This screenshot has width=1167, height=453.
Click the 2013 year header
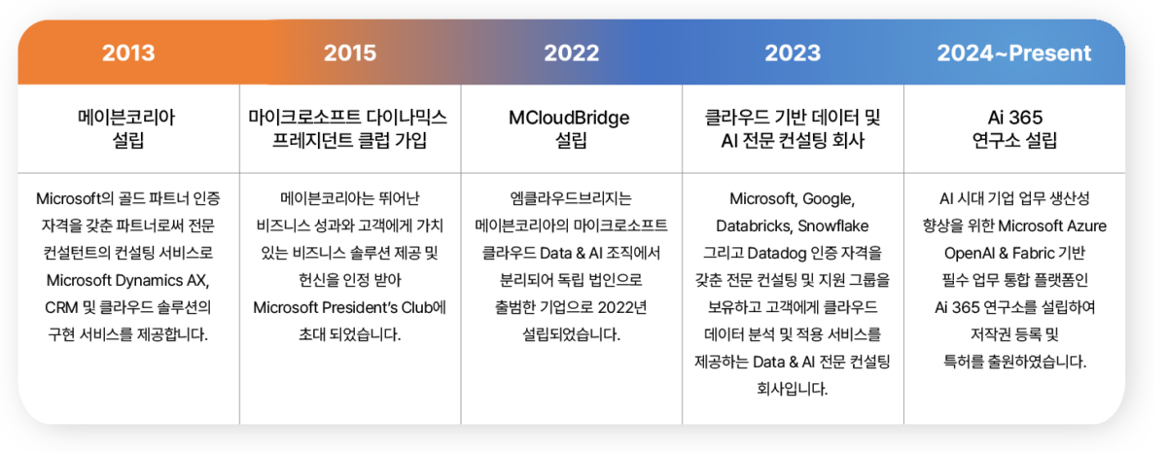click(128, 53)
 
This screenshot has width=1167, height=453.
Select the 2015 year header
click(349, 53)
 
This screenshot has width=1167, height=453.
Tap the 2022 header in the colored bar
click(571, 53)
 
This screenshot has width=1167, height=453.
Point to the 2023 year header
click(793, 53)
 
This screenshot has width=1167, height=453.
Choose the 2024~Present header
click(1014, 53)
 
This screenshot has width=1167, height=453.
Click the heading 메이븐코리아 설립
click(127, 129)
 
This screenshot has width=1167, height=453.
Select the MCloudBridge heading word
click(571, 118)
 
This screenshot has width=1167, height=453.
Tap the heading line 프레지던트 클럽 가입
click(349, 141)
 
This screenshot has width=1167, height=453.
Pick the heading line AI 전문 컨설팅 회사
click(793, 141)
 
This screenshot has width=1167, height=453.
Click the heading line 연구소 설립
click(1014, 141)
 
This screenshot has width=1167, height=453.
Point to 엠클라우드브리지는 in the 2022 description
click(571, 199)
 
